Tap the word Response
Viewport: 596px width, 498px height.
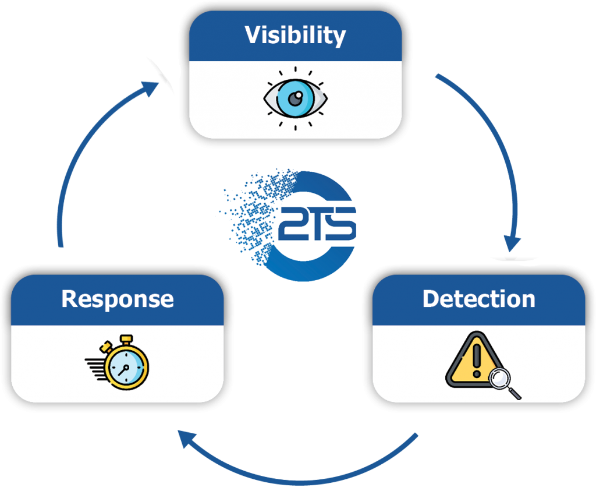click(x=117, y=299)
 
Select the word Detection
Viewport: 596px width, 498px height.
click(x=478, y=299)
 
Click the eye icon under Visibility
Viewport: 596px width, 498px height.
click(x=295, y=98)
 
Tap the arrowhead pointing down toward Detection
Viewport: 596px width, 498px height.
click(x=512, y=242)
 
